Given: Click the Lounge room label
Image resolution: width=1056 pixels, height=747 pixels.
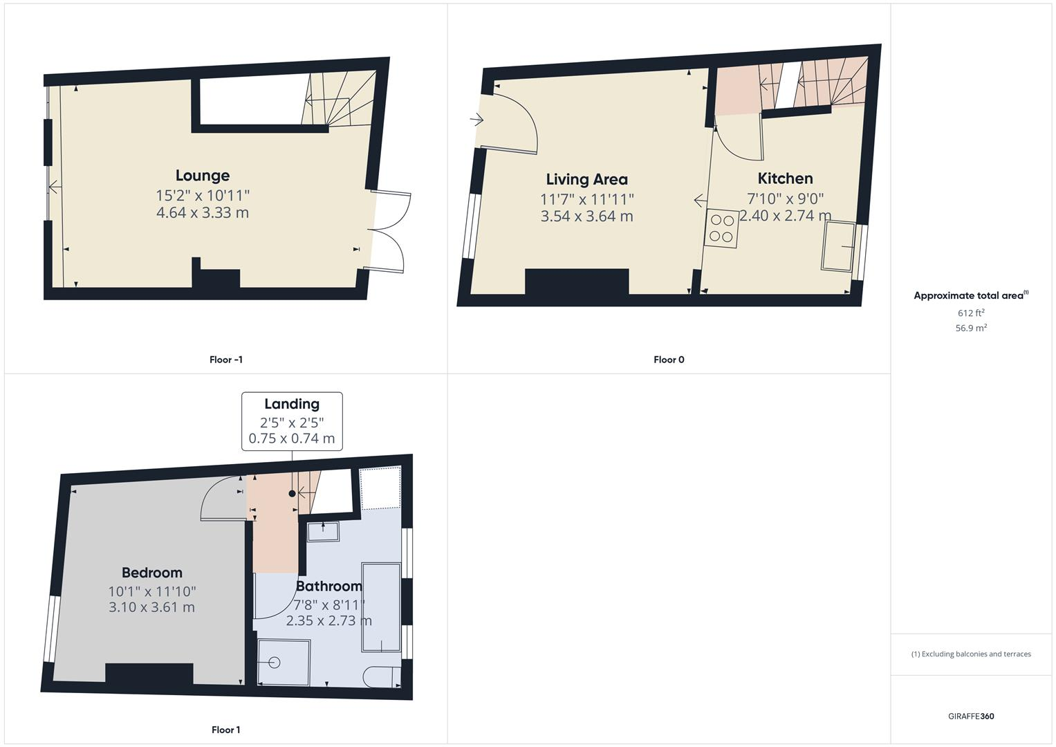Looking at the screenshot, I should (202, 176).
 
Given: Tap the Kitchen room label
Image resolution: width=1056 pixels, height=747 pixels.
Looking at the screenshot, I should (785, 178).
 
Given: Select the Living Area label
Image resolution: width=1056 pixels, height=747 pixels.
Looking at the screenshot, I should (586, 180).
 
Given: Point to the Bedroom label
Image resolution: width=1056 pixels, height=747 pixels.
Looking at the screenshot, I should (152, 573).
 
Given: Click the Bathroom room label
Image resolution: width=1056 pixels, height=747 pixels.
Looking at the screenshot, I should (328, 587).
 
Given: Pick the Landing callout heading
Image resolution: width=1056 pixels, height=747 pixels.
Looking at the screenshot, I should (292, 404).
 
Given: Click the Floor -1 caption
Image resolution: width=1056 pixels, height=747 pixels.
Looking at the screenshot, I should (226, 360).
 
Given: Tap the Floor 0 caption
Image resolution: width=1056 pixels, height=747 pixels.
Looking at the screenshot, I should (669, 360).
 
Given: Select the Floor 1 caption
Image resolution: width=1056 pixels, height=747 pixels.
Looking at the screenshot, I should (226, 730).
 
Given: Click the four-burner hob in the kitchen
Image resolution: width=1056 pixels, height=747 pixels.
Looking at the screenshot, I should (722, 229).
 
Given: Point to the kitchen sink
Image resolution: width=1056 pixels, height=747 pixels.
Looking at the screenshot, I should (837, 246).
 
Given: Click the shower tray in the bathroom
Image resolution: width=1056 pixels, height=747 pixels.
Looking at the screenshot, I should (284, 662).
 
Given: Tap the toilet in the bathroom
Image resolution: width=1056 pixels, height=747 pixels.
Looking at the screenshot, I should (382, 676).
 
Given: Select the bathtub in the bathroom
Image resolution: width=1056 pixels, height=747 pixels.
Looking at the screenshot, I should (381, 607).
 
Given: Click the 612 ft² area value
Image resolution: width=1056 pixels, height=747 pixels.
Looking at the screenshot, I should (971, 313).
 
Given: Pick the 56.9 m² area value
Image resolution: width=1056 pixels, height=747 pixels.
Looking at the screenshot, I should (971, 328).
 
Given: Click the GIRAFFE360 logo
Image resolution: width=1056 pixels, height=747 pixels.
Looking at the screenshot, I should (971, 716).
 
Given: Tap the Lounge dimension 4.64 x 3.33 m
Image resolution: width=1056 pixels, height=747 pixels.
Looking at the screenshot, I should (202, 213).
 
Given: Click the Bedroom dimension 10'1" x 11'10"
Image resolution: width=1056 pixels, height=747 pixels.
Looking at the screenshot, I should (152, 591).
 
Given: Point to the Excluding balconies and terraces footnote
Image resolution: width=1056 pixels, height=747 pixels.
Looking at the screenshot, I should (971, 654).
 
